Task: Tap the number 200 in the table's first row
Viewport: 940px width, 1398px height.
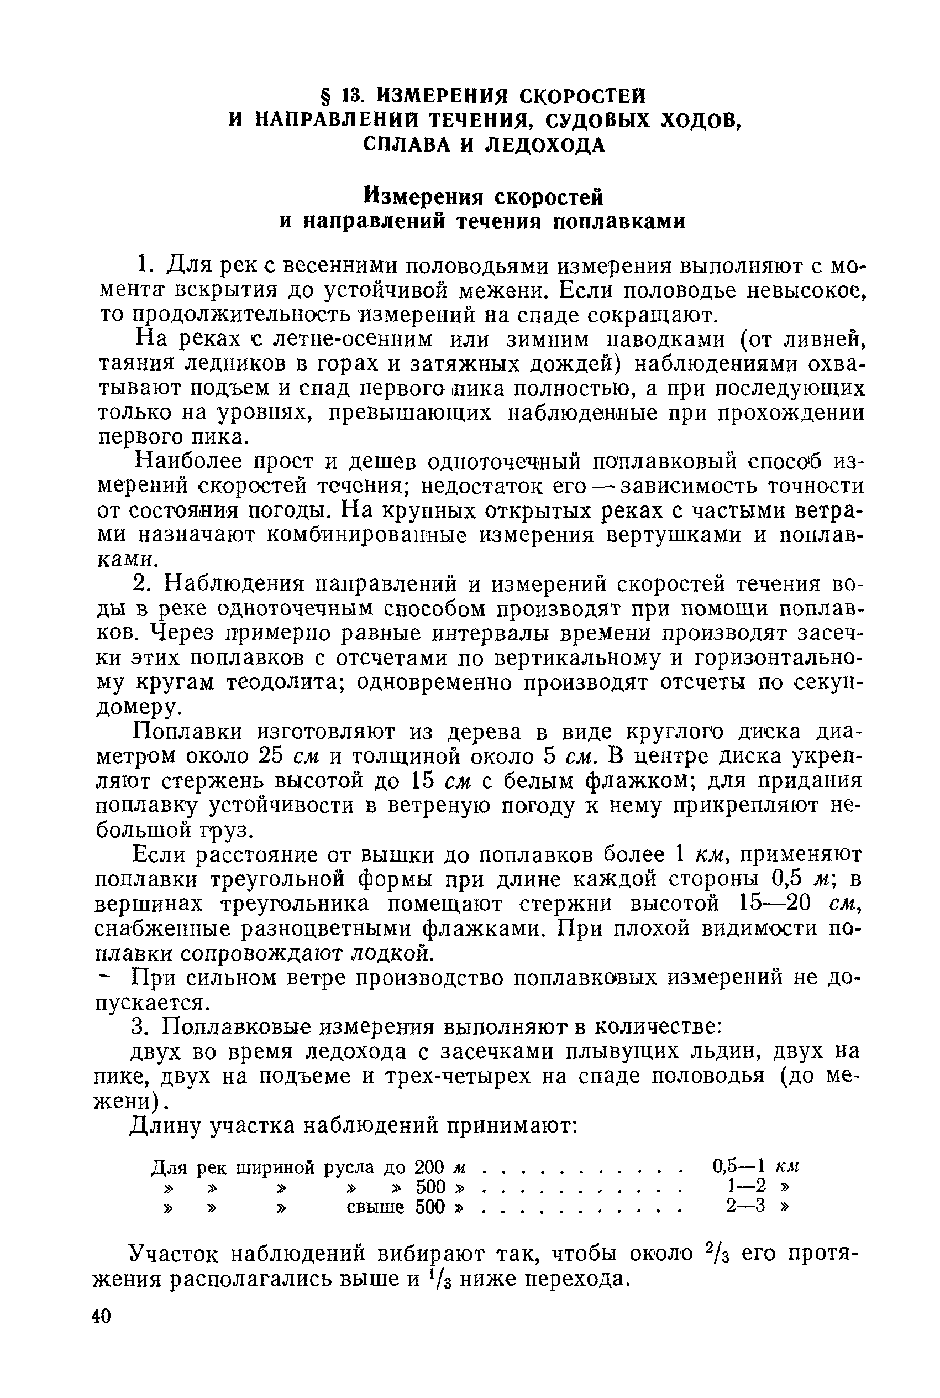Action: point(428,1166)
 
